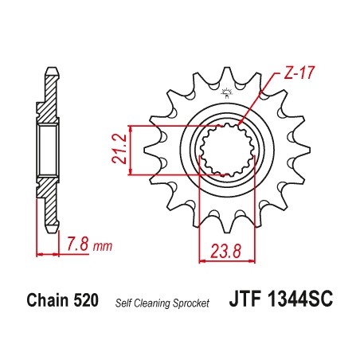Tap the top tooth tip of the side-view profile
[51, 69]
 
